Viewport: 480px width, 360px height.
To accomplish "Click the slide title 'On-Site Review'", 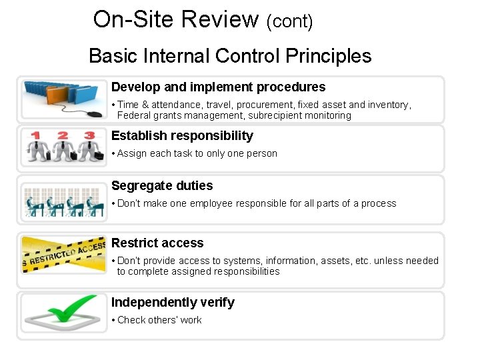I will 175,19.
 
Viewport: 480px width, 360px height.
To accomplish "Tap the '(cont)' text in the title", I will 289,22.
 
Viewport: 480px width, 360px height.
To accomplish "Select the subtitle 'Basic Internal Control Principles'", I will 230,56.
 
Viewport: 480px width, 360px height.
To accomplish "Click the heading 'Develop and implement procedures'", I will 218,87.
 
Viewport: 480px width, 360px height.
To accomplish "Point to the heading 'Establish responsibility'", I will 182,136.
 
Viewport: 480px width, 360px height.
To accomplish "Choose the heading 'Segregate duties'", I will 162,186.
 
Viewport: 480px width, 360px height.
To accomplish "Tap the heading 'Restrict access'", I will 157,243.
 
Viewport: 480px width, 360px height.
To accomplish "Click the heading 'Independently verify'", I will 173,303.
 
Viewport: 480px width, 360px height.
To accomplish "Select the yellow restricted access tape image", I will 63,254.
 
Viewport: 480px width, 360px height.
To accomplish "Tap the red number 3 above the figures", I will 89,135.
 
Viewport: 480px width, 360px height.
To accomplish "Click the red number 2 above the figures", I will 63,135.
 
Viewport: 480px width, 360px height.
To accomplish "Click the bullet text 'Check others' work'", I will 159,321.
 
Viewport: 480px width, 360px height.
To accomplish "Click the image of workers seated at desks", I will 63,202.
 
